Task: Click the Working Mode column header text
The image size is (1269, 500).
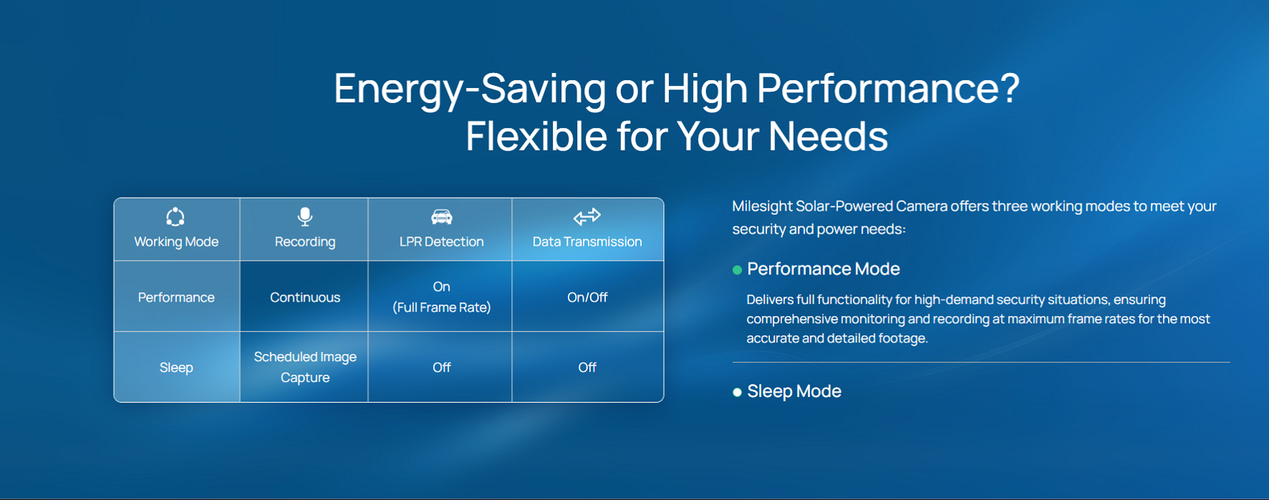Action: pos(176,241)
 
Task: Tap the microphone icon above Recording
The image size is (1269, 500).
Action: pos(305,216)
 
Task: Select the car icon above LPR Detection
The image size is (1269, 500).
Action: pos(442,216)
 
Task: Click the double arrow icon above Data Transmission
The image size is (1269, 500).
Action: pos(587,216)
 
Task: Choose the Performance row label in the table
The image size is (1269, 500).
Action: pos(176,297)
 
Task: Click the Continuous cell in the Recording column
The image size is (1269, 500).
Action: pos(305,297)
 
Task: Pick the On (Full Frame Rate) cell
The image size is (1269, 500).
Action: pos(442,297)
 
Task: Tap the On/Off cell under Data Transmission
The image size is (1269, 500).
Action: pos(587,297)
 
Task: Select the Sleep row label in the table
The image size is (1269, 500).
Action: pos(176,367)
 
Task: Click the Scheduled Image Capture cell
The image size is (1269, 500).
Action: pos(305,367)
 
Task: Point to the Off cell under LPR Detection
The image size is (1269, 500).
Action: pos(442,367)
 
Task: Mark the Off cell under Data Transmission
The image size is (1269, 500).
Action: pos(587,367)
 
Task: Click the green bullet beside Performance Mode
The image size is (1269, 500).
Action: pos(737,270)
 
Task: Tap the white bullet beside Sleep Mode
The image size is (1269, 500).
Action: pos(737,393)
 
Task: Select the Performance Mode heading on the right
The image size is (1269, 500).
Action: pos(823,269)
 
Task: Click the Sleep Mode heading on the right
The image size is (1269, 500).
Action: pos(794,391)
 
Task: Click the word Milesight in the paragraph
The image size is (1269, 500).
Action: pos(762,206)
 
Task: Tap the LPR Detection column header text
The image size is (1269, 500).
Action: pos(442,241)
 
